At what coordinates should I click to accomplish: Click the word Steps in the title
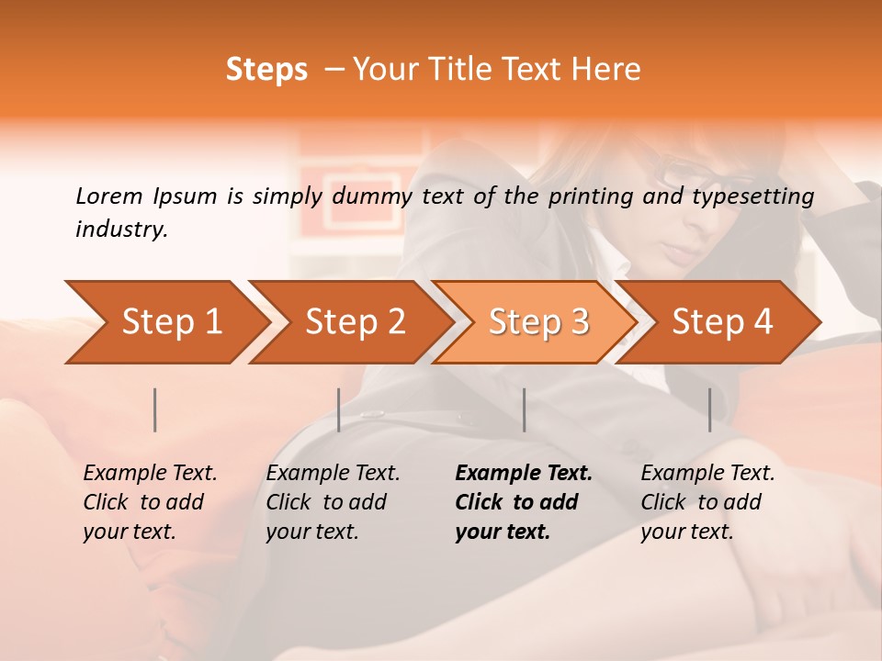(266, 70)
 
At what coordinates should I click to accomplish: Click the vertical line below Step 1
(155, 409)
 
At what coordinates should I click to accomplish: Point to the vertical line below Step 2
(339, 409)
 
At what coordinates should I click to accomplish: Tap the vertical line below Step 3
(525, 409)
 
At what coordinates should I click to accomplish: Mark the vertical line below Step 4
(710, 409)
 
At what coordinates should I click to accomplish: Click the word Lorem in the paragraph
(108, 196)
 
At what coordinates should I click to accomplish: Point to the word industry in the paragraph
(121, 230)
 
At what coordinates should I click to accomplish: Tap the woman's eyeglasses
(698, 176)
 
